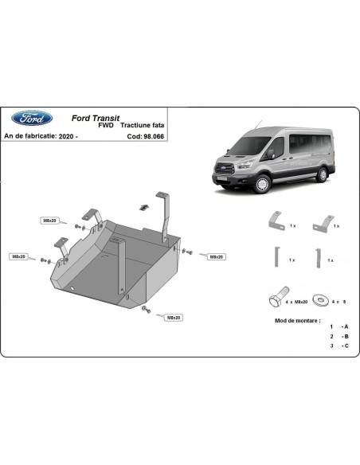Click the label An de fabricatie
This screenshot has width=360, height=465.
click(x=29, y=135)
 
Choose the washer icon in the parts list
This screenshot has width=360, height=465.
click(x=322, y=300)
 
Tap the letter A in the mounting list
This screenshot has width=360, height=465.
click(x=345, y=327)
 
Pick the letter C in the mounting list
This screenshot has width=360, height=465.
click(x=345, y=346)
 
